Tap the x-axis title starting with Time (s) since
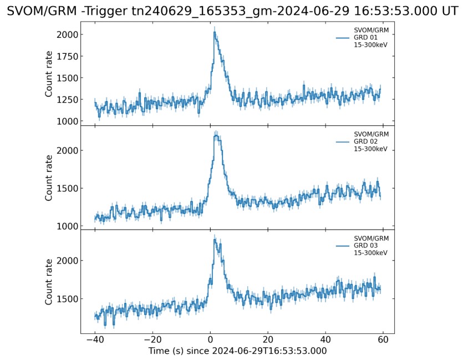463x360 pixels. click(237, 351)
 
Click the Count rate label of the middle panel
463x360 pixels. click(49, 178)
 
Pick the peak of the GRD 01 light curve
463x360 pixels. click(214, 32)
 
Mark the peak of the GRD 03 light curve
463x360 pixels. click(214, 240)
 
